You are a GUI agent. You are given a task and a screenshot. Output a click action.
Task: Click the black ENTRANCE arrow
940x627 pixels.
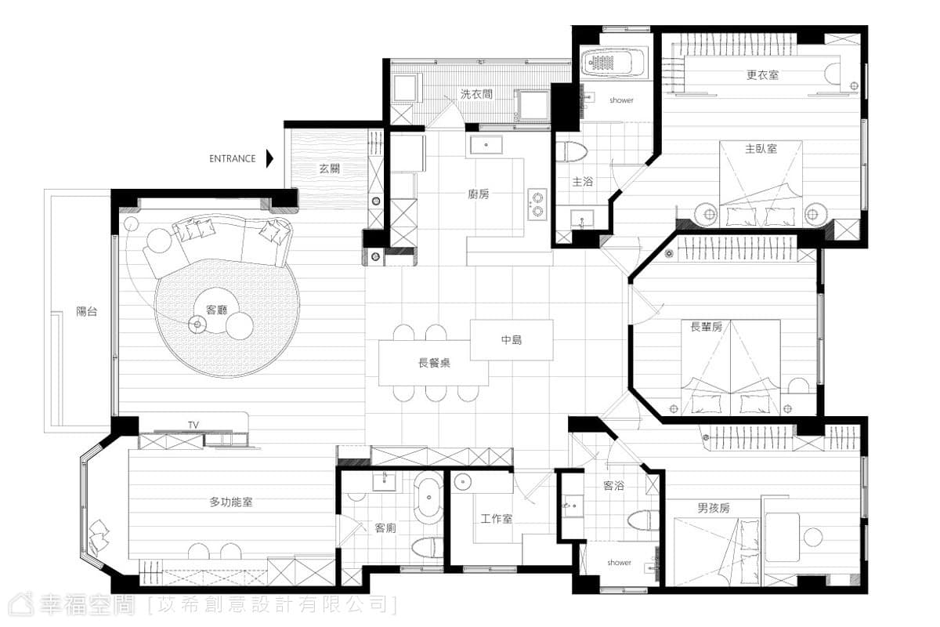pyautogui.click(x=269, y=159)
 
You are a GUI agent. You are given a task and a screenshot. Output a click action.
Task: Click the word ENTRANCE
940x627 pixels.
pyautogui.click(x=233, y=159)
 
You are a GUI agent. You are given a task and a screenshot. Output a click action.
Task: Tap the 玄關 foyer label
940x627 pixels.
pyautogui.click(x=330, y=169)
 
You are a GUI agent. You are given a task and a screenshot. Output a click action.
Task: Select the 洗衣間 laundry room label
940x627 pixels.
pyautogui.click(x=476, y=94)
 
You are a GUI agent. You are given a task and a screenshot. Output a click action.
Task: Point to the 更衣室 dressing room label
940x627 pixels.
pyautogui.click(x=762, y=75)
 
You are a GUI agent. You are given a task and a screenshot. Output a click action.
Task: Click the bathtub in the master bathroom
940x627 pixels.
pyautogui.click(x=614, y=63)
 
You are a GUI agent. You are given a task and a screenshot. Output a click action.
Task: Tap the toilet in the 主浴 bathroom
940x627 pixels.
pyautogui.click(x=571, y=151)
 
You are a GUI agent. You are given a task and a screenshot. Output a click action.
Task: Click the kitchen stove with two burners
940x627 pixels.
pyautogui.click(x=537, y=205)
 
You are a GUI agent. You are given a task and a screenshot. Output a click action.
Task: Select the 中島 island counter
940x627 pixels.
pyautogui.click(x=512, y=339)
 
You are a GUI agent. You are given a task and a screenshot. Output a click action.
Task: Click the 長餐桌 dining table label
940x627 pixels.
pyautogui.click(x=434, y=363)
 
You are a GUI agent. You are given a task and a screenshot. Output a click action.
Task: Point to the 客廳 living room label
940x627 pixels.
pyautogui.click(x=216, y=310)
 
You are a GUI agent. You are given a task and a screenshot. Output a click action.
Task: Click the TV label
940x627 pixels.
pyautogui.click(x=193, y=425)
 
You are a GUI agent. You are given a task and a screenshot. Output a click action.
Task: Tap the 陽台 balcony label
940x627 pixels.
pyautogui.click(x=87, y=312)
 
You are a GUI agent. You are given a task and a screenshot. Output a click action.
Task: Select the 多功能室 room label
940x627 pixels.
pyautogui.click(x=231, y=502)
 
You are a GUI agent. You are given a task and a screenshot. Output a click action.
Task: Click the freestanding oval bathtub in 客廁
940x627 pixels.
pyautogui.click(x=428, y=498)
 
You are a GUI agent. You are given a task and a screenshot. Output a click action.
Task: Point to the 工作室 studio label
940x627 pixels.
pyautogui.click(x=497, y=519)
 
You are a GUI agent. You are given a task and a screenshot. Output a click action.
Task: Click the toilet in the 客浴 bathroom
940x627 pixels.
pyautogui.click(x=643, y=520)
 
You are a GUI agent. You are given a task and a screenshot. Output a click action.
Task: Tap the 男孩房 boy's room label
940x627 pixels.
pyautogui.click(x=714, y=508)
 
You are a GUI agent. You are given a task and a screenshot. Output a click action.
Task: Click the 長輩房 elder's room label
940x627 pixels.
pyautogui.click(x=707, y=327)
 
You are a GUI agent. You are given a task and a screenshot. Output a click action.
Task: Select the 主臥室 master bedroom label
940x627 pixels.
pyautogui.click(x=761, y=149)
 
